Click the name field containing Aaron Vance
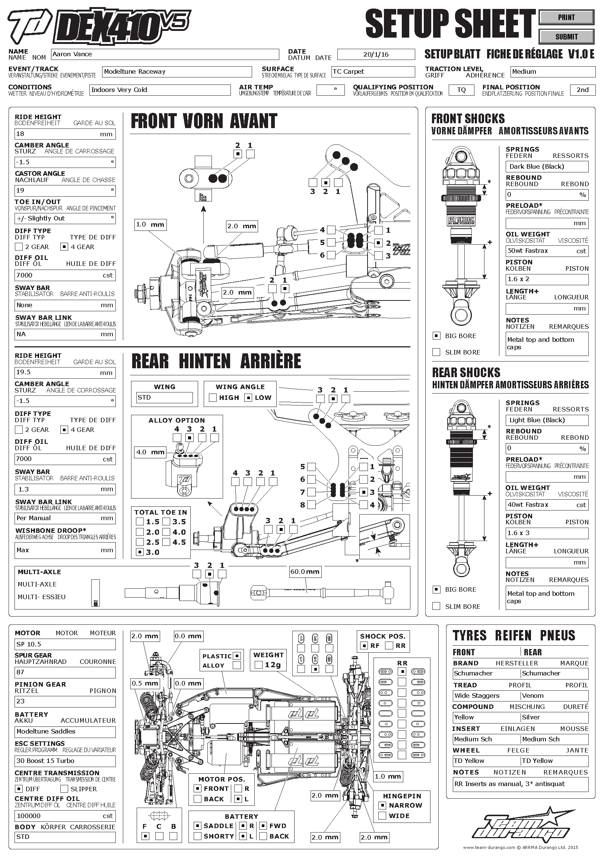165,54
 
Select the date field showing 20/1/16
376,55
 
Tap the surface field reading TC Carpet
373,72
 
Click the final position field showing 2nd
582,90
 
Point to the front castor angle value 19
65,190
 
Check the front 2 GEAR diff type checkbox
19,247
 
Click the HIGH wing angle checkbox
213,398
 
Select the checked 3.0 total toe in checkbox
140,552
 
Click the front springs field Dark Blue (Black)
547,167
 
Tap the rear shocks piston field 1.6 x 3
547,533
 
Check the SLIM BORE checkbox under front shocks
436,352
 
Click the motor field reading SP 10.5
65,644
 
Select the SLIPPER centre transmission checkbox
64,789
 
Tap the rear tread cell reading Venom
554,696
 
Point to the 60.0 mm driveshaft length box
305,572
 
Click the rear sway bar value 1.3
65,489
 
